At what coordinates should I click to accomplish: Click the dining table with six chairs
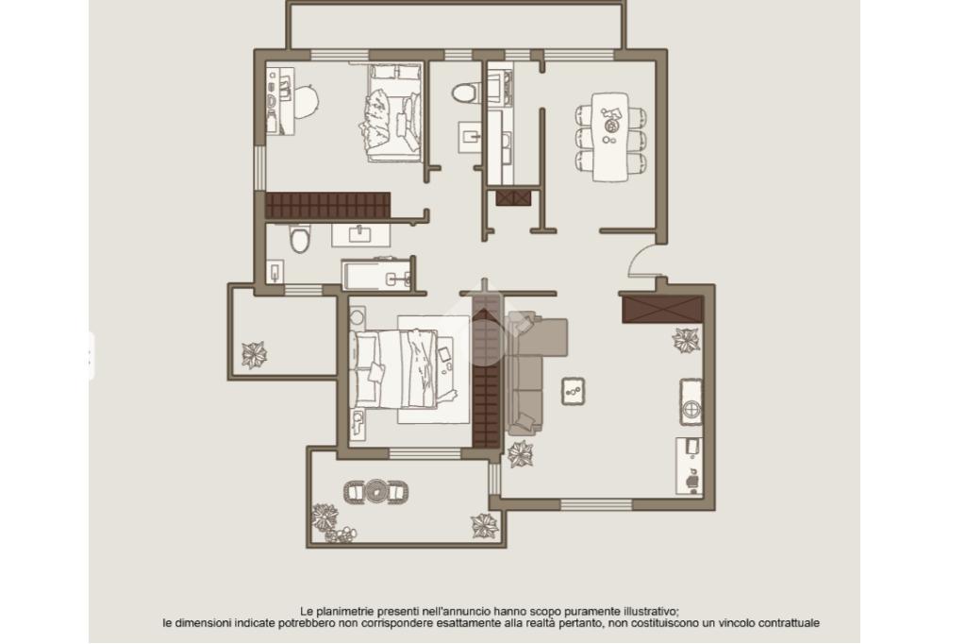[610, 137]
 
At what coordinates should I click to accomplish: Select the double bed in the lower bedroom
[403, 369]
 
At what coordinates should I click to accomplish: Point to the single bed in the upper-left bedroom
[395, 112]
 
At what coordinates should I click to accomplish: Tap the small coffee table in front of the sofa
[573, 391]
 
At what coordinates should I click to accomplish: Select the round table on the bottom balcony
[375, 492]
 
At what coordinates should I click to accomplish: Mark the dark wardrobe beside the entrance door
[662, 309]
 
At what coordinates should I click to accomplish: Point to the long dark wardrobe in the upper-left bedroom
[327, 205]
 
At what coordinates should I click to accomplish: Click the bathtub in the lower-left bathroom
[376, 275]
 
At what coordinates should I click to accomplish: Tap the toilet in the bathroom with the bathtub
[300, 239]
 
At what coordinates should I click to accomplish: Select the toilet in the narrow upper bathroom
[464, 93]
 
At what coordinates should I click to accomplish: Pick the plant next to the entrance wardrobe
[686, 340]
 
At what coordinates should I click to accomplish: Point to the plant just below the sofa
[521, 454]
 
